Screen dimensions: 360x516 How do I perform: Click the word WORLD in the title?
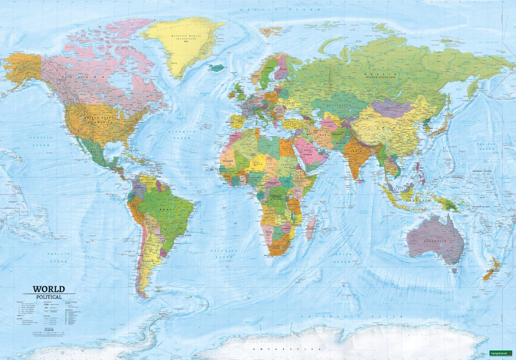point(49,289)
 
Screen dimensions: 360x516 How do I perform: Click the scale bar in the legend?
point(48,334)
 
